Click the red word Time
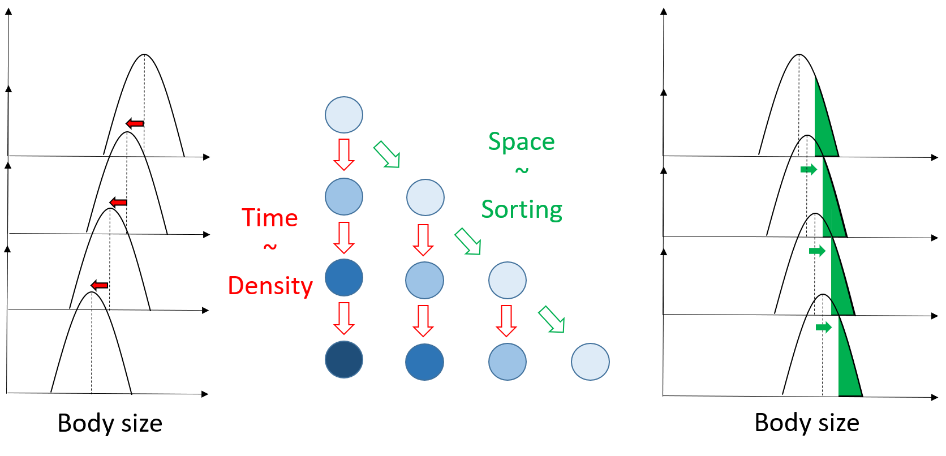269,218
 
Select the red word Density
270,286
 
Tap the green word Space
521,141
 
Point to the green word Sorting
522,210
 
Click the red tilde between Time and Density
270,247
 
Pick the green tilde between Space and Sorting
522,170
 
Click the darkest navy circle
344,359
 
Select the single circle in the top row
344,115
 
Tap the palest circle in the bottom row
590,362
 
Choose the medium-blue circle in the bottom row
424,362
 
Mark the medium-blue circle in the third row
344,278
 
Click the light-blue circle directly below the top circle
344,197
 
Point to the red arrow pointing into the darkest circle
344,318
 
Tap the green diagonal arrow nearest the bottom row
552,320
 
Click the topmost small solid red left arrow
135,123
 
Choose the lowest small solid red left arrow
100,285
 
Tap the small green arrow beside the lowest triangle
824,327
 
